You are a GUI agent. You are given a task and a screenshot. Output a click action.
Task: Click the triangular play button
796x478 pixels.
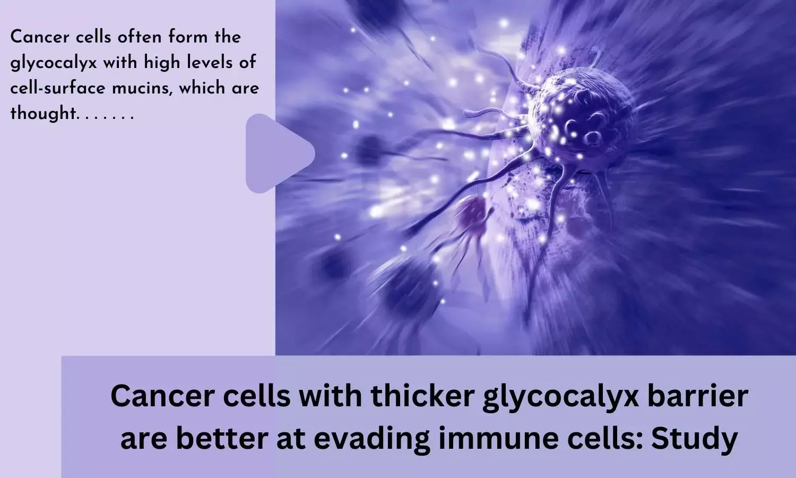[x=275, y=153]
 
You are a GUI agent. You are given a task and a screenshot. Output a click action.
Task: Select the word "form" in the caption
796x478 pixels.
[x=188, y=37]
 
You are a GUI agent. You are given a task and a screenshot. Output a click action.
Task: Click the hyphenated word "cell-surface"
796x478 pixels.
[x=58, y=88]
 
